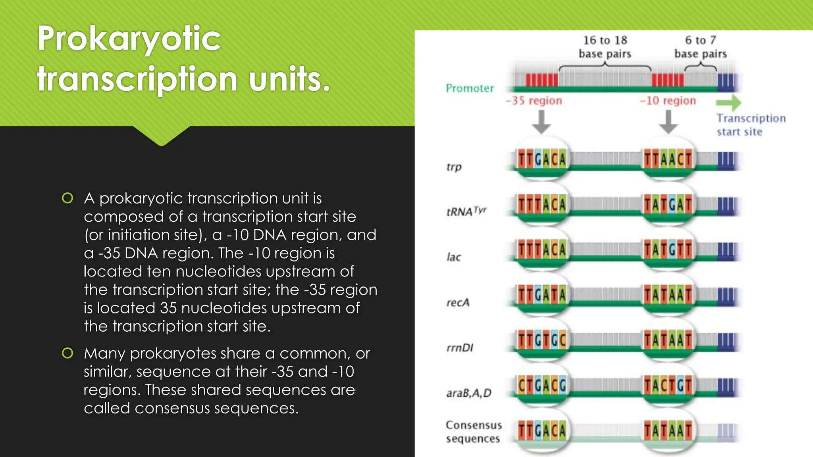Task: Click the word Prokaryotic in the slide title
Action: pyautogui.click(x=129, y=39)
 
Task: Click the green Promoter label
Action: pyautogui.click(x=470, y=88)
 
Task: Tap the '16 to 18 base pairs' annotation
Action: pyautogui.click(x=605, y=47)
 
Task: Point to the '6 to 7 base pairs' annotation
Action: pyautogui.click(x=701, y=47)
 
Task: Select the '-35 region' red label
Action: pyautogui.click(x=534, y=101)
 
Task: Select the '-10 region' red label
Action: pyautogui.click(x=668, y=101)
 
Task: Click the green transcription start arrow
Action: pyautogui.click(x=728, y=103)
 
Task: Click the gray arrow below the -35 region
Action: pyautogui.click(x=541, y=122)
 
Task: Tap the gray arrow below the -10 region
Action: pyautogui.click(x=668, y=122)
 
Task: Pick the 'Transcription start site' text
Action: pyautogui.click(x=750, y=125)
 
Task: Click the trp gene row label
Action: pyautogui.click(x=454, y=167)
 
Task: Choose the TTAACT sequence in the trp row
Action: pyautogui.click(x=668, y=159)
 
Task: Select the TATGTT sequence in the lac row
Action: pyautogui.click(x=668, y=250)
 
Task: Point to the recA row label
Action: pyautogui.click(x=458, y=303)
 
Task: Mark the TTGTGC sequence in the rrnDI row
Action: pyautogui.click(x=541, y=340)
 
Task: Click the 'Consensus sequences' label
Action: pyautogui.click(x=473, y=432)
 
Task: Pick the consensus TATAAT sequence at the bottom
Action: pyautogui.click(x=668, y=431)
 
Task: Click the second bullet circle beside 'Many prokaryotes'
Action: pyautogui.click(x=67, y=353)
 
